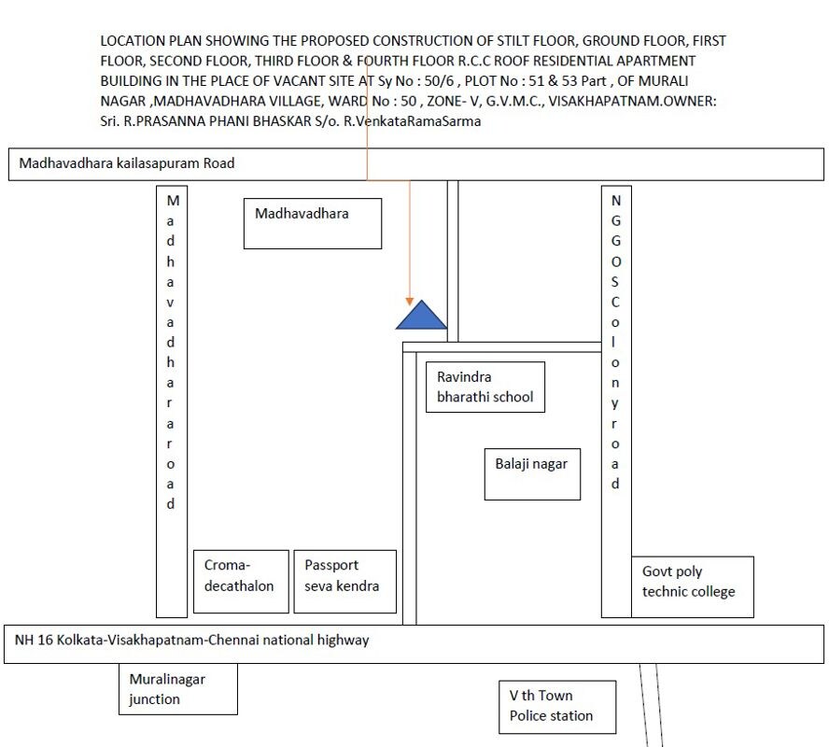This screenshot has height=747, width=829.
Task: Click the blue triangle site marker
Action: (x=421, y=317)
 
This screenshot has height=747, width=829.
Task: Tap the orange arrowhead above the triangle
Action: (x=409, y=302)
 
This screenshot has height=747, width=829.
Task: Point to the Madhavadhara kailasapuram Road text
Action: (x=127, y=163)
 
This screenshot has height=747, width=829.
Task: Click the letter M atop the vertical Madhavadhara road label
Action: (x=173, y=201)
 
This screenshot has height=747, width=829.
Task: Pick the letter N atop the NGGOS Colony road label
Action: (x=616, y=201)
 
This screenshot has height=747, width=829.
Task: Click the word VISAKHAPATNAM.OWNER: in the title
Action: (x=632, y=101)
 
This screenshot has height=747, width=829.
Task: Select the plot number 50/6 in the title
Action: (x=439, y=81)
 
